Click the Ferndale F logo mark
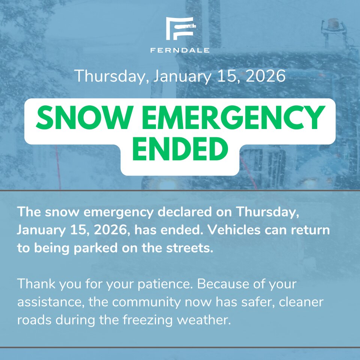point(181,28)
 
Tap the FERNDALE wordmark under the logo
point(180,50)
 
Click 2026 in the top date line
point(265,76)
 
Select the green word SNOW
point(84,117)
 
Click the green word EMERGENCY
point(233,117)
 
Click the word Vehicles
point(234,230)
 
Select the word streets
point(189,248)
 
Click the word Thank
point(36,284)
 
